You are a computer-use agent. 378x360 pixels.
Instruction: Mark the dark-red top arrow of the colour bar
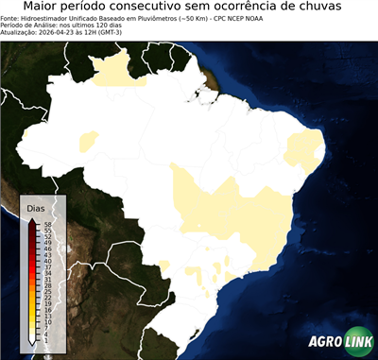click(33, 220)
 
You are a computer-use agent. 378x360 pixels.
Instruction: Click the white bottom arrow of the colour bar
click(33, 339)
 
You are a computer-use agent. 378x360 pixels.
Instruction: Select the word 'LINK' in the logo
click(358, 341)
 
